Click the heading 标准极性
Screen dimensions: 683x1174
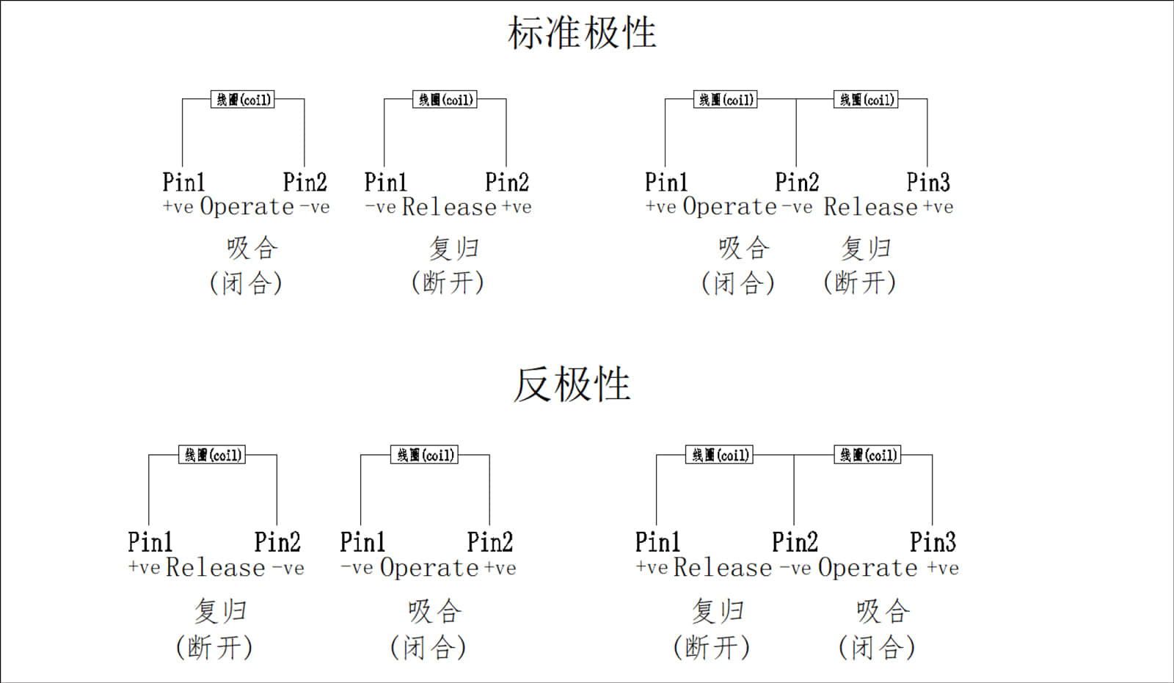pyautogui.click(x=582, y=34)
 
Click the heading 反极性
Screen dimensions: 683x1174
pyautogui.click(x=572, y=384)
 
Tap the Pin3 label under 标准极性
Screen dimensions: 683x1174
pyautogui.click(x=927, y=182)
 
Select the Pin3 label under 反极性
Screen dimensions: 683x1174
pyautogui.click(x=933, y=542)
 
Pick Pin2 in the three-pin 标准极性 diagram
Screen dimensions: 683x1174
pyautogui.click(x=796, y=182)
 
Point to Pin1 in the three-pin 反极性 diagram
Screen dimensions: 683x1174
pyautogui.click(x=657, y=542)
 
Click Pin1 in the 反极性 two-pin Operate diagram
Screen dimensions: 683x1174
pyautogui.click(x=362, y=542)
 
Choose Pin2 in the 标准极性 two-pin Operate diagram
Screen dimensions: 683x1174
pyautogui.click(x=305, y=182)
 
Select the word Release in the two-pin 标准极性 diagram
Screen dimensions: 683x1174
pyautogui.click(x=449, y=208)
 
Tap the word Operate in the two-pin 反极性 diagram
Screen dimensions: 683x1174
pyautogui.click(x=429, y=568)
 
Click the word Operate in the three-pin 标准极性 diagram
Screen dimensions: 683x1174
pyautogui.click(x=729, y=208)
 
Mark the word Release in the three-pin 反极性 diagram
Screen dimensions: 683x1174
pyautogui.click(x=723, y=568)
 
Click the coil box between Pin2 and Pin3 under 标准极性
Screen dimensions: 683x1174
pyautogui.click(x=866, y=100)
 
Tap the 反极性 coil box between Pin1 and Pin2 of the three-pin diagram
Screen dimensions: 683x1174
pyautogui.click(x=721, y=455)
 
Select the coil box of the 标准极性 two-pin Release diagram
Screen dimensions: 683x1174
pyautogui.click(x=445, y=100)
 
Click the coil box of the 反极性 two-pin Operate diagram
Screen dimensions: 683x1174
pyautogui.click(x=425, y=455)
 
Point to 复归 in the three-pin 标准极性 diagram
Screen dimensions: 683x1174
pyautogui.click(x=866, y=248)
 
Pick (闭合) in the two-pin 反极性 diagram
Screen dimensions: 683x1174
pyautogui.click(x=428, y=647)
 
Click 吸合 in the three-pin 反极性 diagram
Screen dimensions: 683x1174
pyautogui.click(x=883, y=610)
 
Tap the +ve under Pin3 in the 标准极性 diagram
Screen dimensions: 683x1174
pyautogui.click(x=938, y=208)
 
